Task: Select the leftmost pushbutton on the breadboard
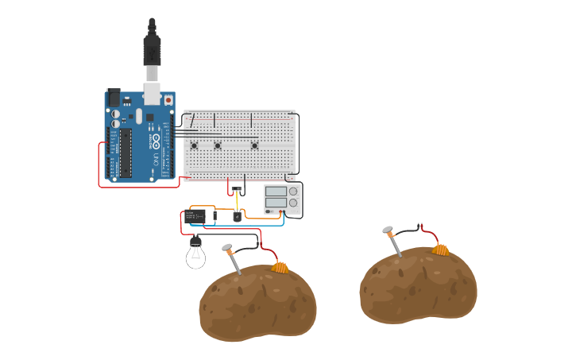tap(195, 145)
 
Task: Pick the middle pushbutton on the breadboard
tap(218, 145)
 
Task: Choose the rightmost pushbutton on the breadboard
tap(254, 145)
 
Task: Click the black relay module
tap(195, 216)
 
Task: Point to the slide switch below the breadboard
tap(237, 189)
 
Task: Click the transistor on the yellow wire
tap(237, 215)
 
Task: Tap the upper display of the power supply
tap(276, 192)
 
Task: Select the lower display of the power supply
tap(276, 203)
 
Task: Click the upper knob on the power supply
tap(294, 192)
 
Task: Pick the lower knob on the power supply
tap(294, 203)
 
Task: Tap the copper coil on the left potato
tap(279, 267)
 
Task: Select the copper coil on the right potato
tap(440, 250)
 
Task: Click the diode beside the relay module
tap(215, 216)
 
